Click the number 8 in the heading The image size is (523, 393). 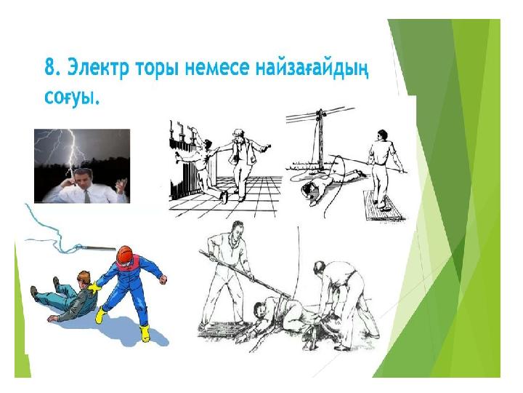pyautogui.click(x=50, y=68)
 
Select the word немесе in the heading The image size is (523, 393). pyautogui.click(x=216, y=69)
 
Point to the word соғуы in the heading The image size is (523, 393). pyautogui.click(x=72, y=97)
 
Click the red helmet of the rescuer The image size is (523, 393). pyautogui.click(x=125, y=255)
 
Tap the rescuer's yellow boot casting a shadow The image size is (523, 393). pyautogui.click(x=145, y=333)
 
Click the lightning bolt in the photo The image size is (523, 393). pyautogui.click(x=73, y=151)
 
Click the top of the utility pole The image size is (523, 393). pyautogui.click(x=320, y=112)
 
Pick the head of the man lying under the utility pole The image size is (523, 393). pyautogui.click(x=309, y=191)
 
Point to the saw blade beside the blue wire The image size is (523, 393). pyautogui.click(x=99, y=248)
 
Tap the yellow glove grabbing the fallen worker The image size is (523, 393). pyautogui.click(x=94, y=287)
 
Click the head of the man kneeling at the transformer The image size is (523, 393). pyautogui.click(x=208, y=145)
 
